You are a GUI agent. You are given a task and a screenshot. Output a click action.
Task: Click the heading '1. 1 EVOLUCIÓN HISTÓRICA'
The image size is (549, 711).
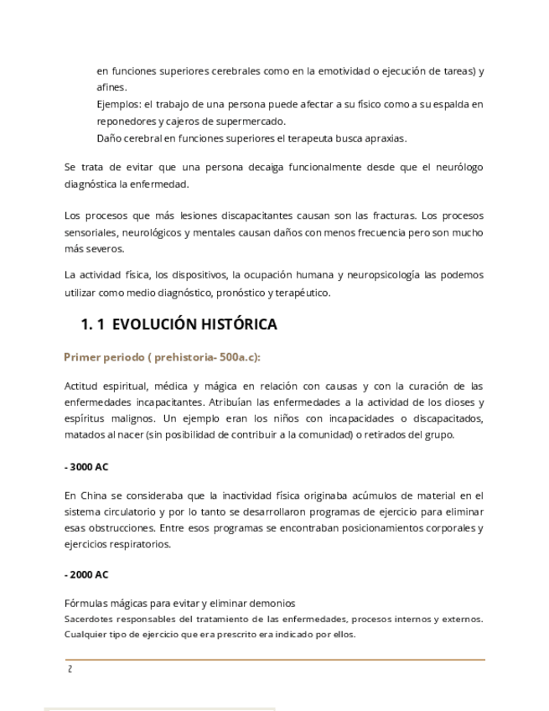coord(179,324)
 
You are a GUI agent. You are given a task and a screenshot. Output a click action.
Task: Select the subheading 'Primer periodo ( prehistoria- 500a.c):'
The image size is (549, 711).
coord(163,356)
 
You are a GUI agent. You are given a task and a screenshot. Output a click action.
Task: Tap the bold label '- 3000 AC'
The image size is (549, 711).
coord(85,466)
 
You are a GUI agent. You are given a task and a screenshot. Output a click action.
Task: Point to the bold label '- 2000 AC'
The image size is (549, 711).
coord(85,574)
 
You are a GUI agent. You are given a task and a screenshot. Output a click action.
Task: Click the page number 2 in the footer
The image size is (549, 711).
coord(70,669)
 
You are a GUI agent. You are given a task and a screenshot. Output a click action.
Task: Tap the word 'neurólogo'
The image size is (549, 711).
coord(456,168)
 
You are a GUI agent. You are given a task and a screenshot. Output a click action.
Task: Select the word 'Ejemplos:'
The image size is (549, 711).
coord(117,105)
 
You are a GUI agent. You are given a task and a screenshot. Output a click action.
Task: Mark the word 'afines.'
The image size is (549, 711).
coord(112,87)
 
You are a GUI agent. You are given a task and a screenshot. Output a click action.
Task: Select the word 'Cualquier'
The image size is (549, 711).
coord(85,635)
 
